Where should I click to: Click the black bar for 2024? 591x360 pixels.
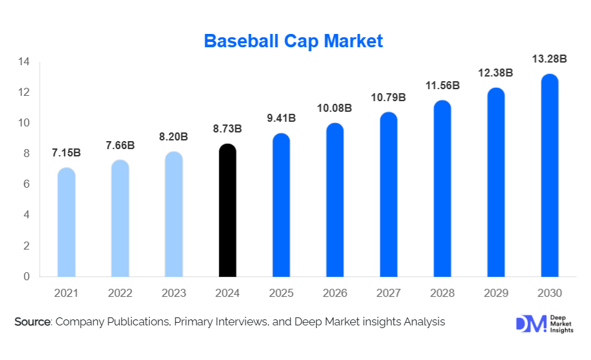(x=227, y=210)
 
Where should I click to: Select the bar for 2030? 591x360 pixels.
(x=549, y=176)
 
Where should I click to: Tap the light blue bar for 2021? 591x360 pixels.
(x=67, y=222)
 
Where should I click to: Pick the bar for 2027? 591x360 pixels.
(x=389, y=194)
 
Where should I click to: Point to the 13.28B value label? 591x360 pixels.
(x=549, y=59)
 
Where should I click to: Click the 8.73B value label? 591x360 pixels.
(x=227, y=128)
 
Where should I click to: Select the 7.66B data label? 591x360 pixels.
(x=120, y=144)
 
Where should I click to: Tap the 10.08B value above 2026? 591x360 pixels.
(x=335, y=108)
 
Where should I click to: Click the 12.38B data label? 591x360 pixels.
(x=496, y=73)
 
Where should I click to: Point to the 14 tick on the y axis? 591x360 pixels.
(x=24, y=62)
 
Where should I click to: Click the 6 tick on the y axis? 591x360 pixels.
(x=27, y=184)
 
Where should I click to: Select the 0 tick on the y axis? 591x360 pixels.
(x=27, y=276)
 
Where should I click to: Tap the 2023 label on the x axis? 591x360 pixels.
(x=174, y=293)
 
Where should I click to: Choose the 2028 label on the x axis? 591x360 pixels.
(x=442, y=293)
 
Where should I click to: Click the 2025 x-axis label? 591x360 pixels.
(x=281, y=293)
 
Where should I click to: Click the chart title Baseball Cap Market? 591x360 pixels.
(x=294, y=41)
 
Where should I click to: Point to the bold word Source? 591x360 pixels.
(x=33, y=322)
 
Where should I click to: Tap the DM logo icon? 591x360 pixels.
(x=530, y=323)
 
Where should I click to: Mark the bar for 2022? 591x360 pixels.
(x=120, y=218)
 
